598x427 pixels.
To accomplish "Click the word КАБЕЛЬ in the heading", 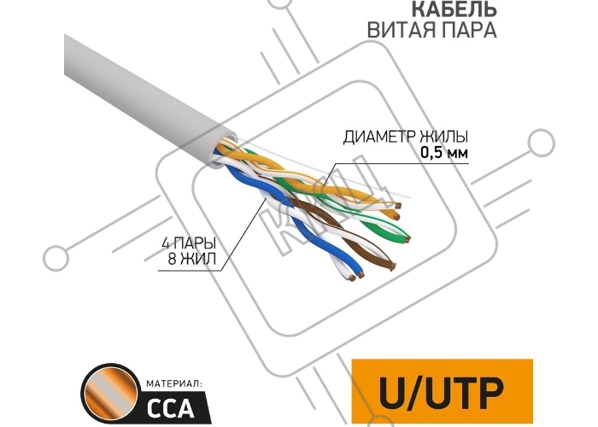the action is (454, 9).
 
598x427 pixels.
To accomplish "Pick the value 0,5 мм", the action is (444, 153).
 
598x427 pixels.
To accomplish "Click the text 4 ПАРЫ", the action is (189, 243).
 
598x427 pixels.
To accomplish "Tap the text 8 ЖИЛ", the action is (192, 259).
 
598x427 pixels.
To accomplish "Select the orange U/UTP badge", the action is (442, 391).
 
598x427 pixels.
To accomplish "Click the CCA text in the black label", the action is (171, 408).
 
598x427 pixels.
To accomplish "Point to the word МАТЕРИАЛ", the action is (173, 383).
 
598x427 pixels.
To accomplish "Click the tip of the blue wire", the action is (361, 274).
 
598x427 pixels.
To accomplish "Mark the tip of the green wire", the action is (407, 239).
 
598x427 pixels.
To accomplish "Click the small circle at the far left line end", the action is (56, 259).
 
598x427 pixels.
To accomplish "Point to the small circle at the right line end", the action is (542, 143).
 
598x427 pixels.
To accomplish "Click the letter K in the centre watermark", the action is (283, 231).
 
